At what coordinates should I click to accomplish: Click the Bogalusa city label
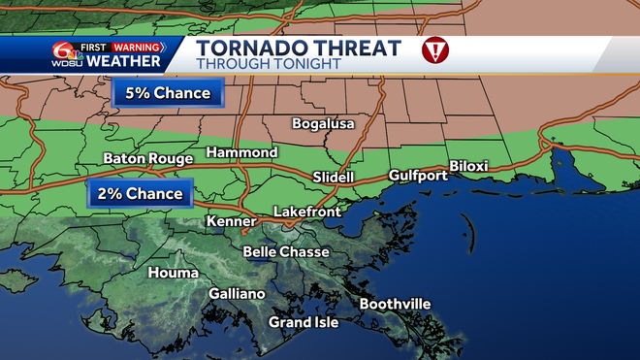pos(324,124)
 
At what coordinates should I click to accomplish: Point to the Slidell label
pos(334,178)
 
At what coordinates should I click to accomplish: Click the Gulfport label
pos(417,176)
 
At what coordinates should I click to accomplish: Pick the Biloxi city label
pos(467,166)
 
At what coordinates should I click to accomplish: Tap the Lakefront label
pos(303,211)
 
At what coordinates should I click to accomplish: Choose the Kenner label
pos(231,222)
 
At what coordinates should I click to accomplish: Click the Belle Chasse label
pos(286,251)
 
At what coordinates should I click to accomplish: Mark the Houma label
pos(173,273)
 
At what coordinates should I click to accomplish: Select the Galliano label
pos(237,294)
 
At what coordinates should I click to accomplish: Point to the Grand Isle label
pos(304,322)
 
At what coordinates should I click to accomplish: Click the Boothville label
pos(395,304)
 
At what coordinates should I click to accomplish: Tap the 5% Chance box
pos(168,94)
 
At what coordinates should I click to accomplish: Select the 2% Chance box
pos(139,194)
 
